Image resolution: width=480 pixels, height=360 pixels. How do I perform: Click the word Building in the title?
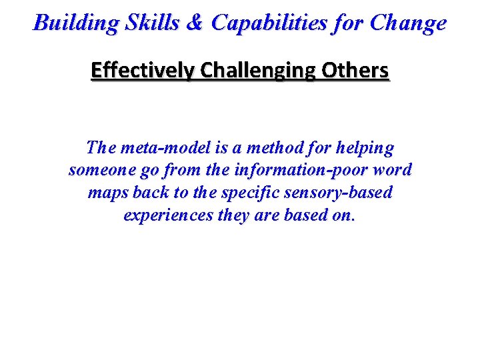(74, 23)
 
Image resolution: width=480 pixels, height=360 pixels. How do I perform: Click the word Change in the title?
(408, 23)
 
